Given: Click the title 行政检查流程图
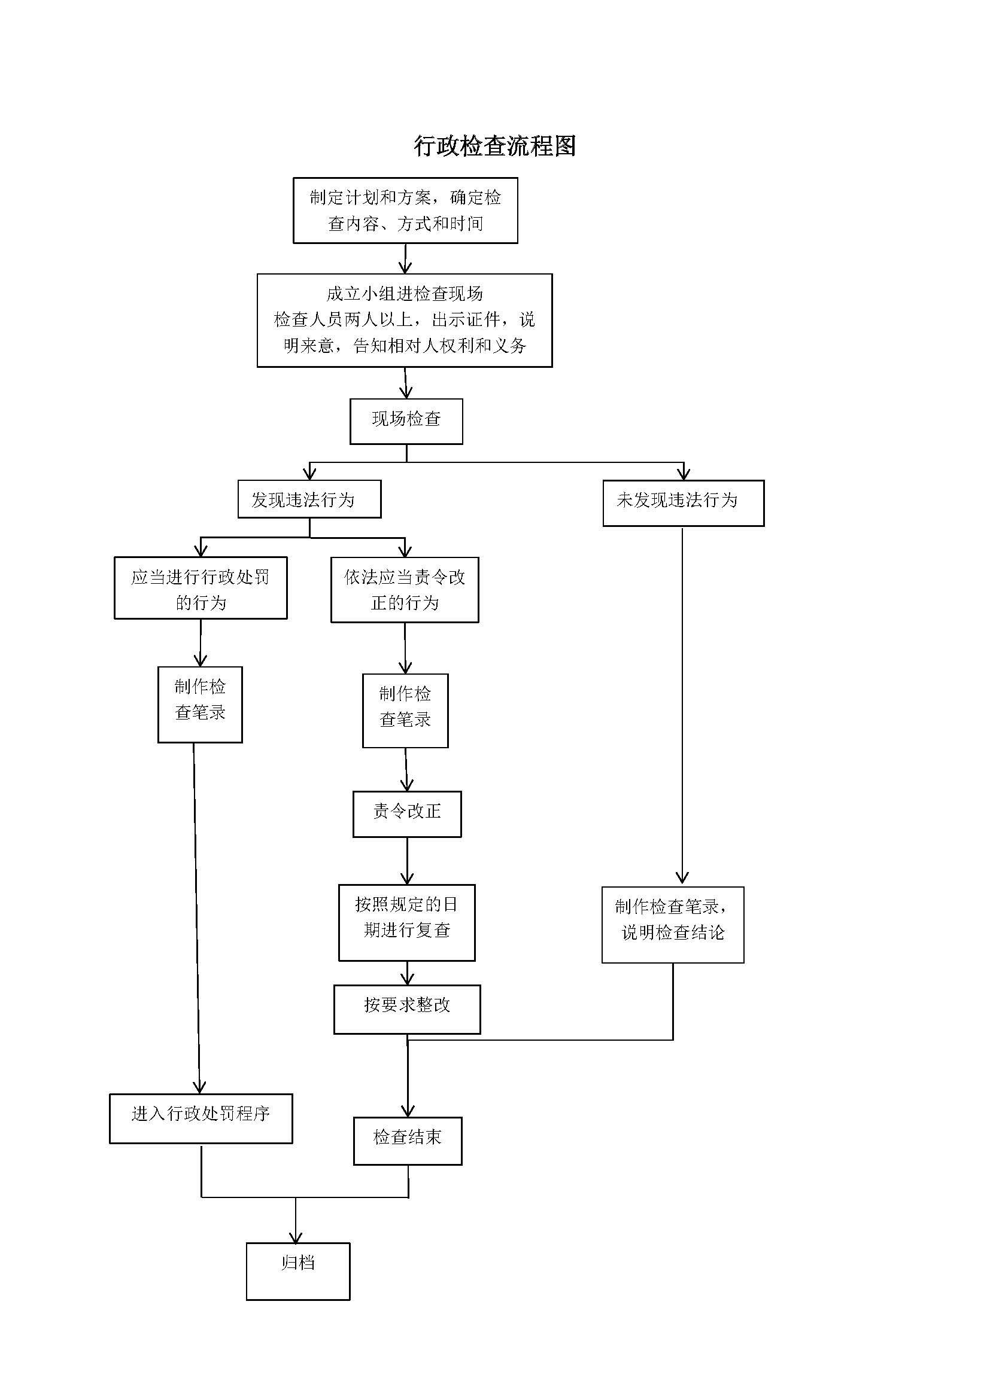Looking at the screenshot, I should [x=494, y=146].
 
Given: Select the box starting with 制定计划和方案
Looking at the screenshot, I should [x=405, y=210].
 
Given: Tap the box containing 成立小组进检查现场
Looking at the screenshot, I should [x=404, y=320].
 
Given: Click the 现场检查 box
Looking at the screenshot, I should [x=406, y=421].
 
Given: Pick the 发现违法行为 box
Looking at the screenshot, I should [x=309, y=499].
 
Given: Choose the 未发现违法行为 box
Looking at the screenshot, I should [x=683, y=502].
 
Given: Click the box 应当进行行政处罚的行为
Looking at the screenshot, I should [x=201, y=588].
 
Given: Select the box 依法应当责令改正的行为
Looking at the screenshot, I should [x=404, y=589].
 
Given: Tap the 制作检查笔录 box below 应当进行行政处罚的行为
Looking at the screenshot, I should [x=200, y=705].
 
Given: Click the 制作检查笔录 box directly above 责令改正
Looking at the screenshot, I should [x=405, y=711].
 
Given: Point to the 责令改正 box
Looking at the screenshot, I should [x=406, y=814].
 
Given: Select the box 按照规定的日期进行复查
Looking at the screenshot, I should [x=406, y=922].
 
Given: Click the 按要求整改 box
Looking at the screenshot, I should [x=406, y=1010].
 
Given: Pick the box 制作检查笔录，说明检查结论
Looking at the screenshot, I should [x=672, y=925].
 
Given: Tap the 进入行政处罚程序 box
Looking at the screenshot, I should [x=201, y=1118].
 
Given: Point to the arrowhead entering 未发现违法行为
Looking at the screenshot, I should [x=684, y=474].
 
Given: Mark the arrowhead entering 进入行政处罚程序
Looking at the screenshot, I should [x=199, y=1087].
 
